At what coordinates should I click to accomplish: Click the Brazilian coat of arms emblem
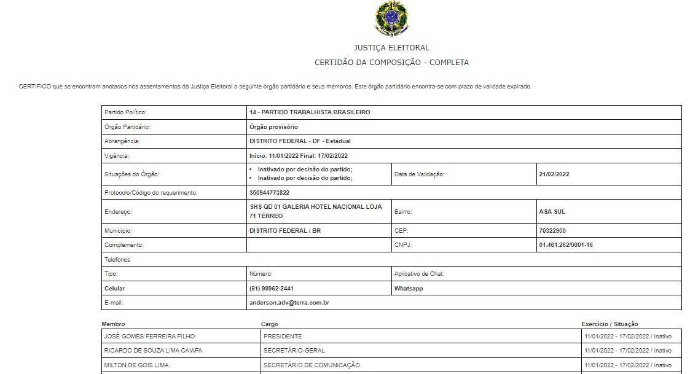point(391,19)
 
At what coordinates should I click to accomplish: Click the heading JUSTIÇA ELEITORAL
point(391,48)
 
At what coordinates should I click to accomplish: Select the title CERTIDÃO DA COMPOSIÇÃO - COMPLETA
point(391,63)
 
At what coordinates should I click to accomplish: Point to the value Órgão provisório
point(273,127)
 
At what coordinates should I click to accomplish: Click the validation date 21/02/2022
point(554,174)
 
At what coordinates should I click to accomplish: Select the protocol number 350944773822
point(269,193)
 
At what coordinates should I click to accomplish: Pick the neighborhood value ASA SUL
point(552,212)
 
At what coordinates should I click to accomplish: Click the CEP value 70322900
point(552,231)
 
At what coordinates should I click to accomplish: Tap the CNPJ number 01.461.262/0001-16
point(565,245)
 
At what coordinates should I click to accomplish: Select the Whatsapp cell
point(409,289)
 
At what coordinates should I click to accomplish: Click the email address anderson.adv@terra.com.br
point(289,303)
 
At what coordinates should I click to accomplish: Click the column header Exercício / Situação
point(610,324)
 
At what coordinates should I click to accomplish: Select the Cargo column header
point(270,324)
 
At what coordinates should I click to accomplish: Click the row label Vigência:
point(117,156)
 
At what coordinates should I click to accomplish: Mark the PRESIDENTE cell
point(283,337)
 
